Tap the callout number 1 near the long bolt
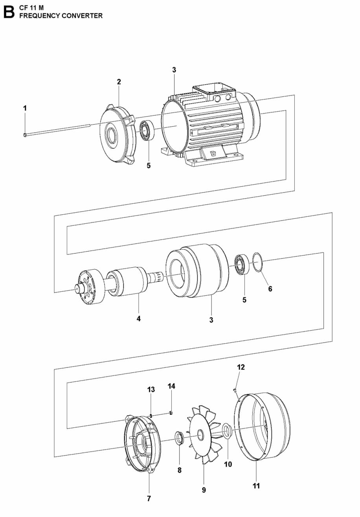tap(25, 108)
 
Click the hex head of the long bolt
tap(25, 135)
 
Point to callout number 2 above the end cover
tap(119, 82)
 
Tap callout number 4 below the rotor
tap(138, 319)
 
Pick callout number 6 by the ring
tap(270, 289)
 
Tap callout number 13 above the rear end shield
tap(151, 390)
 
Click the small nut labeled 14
tap(171, 412)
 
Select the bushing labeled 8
tap(179, 438)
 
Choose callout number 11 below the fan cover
tap(256, 486)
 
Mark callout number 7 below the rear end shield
tap(149, 499)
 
